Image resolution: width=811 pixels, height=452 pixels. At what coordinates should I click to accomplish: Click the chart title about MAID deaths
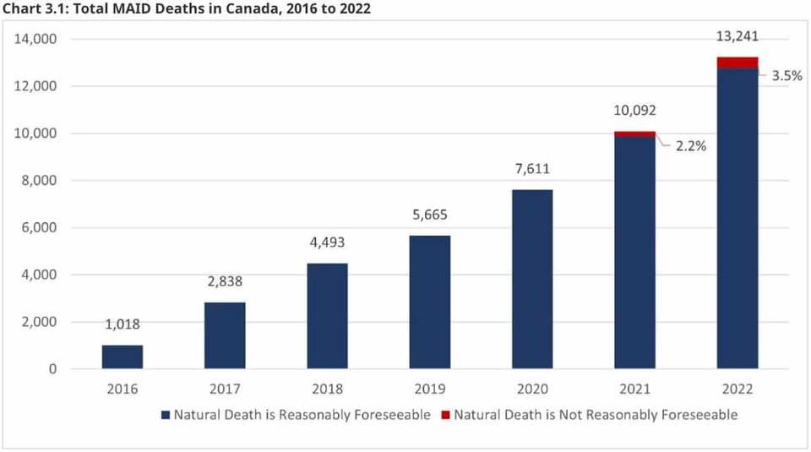point(186,8)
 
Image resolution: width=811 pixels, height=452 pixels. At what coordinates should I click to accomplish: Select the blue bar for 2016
point(122,357)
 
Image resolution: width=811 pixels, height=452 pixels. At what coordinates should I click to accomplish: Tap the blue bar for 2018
point(327,316)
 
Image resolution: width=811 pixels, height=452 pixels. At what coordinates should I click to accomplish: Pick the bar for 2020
point(532,279)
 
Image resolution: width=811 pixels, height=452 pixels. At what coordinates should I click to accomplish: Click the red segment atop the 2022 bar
point(738,63)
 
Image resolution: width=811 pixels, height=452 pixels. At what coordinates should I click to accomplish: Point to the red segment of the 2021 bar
point(634,133)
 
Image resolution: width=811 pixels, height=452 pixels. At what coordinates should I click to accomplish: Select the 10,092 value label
point(634,110)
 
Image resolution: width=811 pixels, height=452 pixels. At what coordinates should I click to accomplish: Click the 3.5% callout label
point(787,75)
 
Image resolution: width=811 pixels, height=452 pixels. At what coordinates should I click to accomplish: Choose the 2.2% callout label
point(690,145)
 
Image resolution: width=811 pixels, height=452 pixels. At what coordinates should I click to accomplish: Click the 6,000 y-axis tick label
point(40,227)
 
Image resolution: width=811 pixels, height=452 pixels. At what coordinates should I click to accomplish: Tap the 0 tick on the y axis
point(52,369)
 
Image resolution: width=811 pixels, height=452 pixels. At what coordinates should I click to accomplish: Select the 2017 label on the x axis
point(225,389)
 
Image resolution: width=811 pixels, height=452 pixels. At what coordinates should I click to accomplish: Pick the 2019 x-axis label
point(430,389)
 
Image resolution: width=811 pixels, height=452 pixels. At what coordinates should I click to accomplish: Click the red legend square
point(448,415)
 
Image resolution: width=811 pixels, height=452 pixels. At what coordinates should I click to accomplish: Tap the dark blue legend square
point(166,415)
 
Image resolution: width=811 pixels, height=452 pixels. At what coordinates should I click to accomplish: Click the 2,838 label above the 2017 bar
point(225,282)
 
